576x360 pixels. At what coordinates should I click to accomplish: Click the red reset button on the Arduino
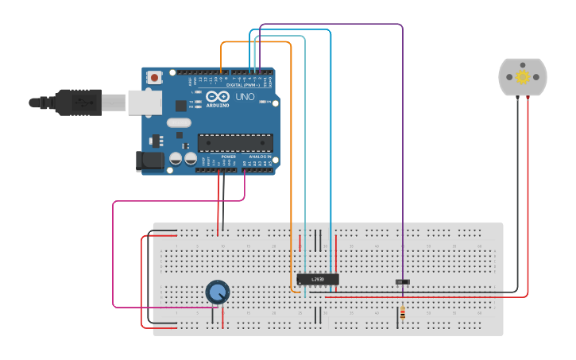[x=154, y=77]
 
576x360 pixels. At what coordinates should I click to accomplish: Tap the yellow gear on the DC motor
[x=523, y=77]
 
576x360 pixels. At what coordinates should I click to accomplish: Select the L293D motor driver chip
[x=318, y=279]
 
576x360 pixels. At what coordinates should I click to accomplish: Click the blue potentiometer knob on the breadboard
[x=217, y=292]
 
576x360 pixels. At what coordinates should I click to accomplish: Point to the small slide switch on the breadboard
[x=403, y=281]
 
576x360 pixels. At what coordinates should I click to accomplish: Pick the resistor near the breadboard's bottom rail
[x=402, y=313]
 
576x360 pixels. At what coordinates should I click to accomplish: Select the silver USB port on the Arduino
[x=145, y=103]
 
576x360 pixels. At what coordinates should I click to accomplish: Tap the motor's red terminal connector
[x=528, y=97]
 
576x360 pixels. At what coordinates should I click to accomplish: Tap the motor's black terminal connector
[x=517, y=97]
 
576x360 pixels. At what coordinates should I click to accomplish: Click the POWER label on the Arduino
[x=229, y=157]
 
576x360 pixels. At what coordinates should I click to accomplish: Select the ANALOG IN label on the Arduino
[x=258, y=157]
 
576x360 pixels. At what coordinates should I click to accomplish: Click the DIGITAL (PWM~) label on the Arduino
[x=245, y=84]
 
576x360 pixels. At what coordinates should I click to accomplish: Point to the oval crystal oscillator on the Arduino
[x=179, y=122]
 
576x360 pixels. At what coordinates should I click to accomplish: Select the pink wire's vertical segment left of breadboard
[x=113, y=254]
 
